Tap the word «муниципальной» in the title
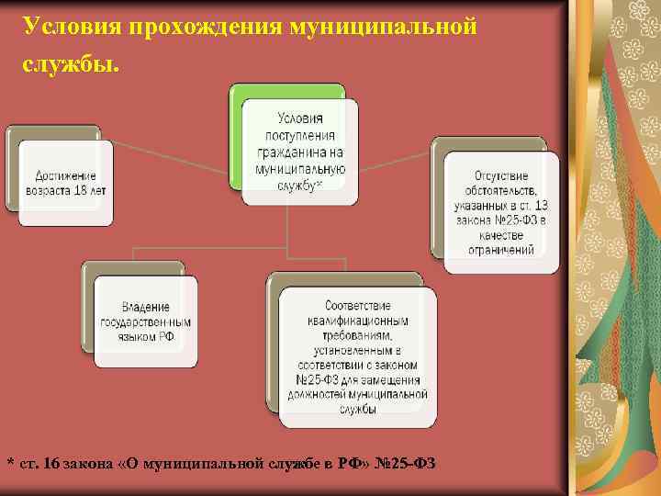click(382, 26)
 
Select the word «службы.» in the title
click(71, 66)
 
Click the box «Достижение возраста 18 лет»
click(65, 183)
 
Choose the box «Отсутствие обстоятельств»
click(501, 211)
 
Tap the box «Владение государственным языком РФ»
click(146, 321)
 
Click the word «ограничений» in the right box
click(501, 249)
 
